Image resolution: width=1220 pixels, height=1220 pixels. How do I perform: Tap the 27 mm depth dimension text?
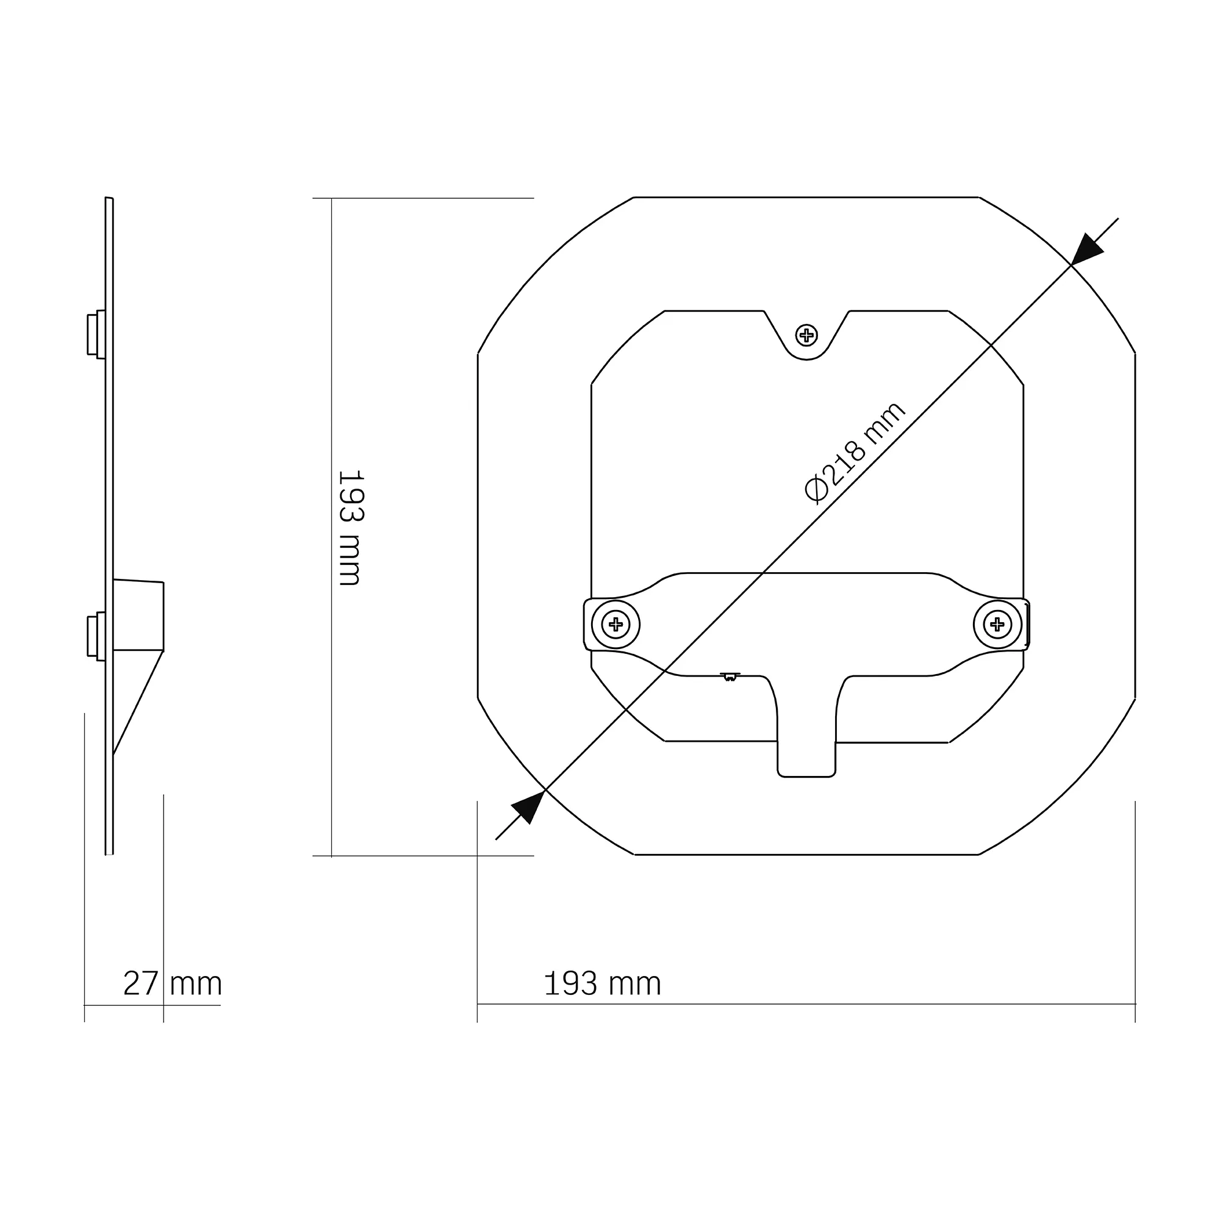tap(173, 983)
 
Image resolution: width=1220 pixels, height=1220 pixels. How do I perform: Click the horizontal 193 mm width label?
tap(602, 983)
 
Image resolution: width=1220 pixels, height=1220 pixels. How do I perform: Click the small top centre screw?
tap(806, 335)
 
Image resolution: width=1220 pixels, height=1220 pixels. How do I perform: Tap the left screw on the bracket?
tap(615, 625)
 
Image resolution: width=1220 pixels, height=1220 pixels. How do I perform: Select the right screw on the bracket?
tap(997, 625)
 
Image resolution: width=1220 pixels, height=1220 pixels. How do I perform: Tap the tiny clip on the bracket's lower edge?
tap(730, 677)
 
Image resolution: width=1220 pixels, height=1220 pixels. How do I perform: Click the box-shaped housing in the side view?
tap(138, 615)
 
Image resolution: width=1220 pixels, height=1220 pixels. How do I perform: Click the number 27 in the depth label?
tap(140, 983)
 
